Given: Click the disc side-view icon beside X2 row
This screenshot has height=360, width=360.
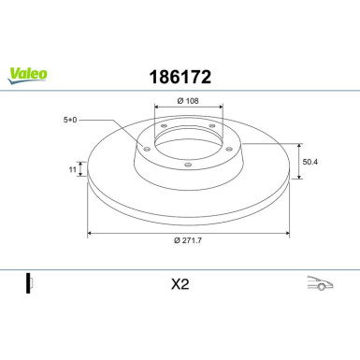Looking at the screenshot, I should (x=29, y=282).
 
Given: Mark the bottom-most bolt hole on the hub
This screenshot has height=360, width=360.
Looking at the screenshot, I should (x=188, y=165).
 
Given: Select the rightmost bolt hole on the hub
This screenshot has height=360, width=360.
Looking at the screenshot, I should (x=225, y=146).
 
